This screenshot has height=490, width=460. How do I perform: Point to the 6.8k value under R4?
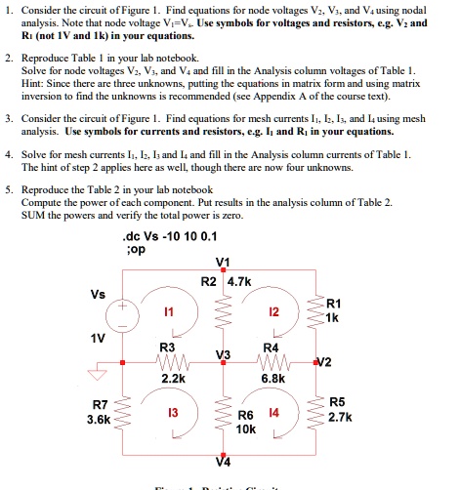(x=272, y=377)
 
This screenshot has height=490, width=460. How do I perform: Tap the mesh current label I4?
(x=274, y=414)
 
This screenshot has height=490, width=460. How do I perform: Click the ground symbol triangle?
(x=98, y=370)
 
